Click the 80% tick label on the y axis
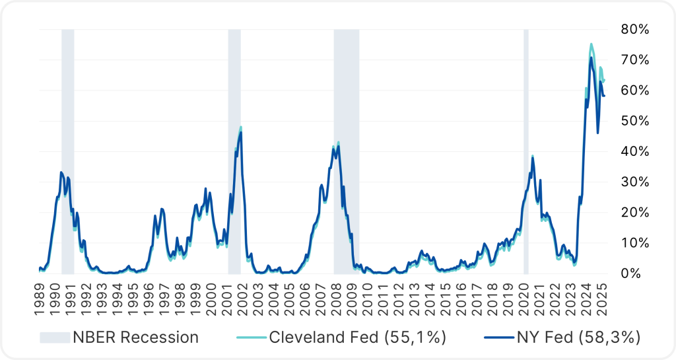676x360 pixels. click(x=635, y=29)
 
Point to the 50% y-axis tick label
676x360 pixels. click(x=635, y=120)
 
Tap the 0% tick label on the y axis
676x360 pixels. click(x=638, y=273)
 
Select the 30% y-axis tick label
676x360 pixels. click(x=635, y=182)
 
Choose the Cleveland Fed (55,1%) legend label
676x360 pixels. click(x=358, y=338)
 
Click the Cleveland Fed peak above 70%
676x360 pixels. click(x=591, y=44)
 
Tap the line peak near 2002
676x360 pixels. click(x=240, y=129)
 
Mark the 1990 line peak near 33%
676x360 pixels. click(x=61, y=172)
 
